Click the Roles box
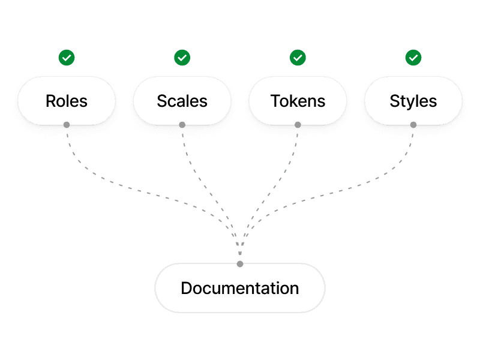pos(67,100)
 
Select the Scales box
pos(182,100)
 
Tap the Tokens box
pos(298,100)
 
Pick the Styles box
pos(413,100)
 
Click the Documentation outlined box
pos(240,288)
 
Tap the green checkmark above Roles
pos(67,58)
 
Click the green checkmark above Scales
pos(182,58)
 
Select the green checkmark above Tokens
pos(298,58)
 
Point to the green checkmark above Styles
pos(413,58)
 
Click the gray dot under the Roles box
pos(67,125)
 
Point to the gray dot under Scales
pos(182,125)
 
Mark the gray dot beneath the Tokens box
pos(298,125)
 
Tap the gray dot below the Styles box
pos(413,125)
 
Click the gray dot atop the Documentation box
pos(240,264)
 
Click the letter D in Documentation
pos(187,288)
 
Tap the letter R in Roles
pos(51,100)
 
